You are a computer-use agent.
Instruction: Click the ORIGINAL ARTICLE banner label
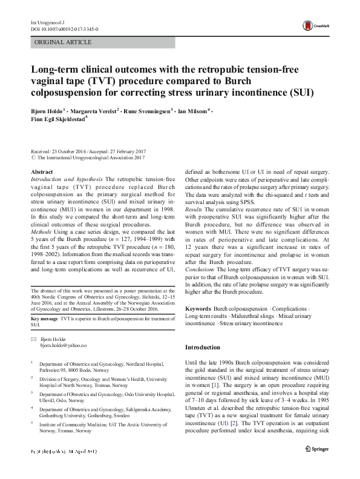(x=64, y=42)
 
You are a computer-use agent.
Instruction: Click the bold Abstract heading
(x=41, y=171)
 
